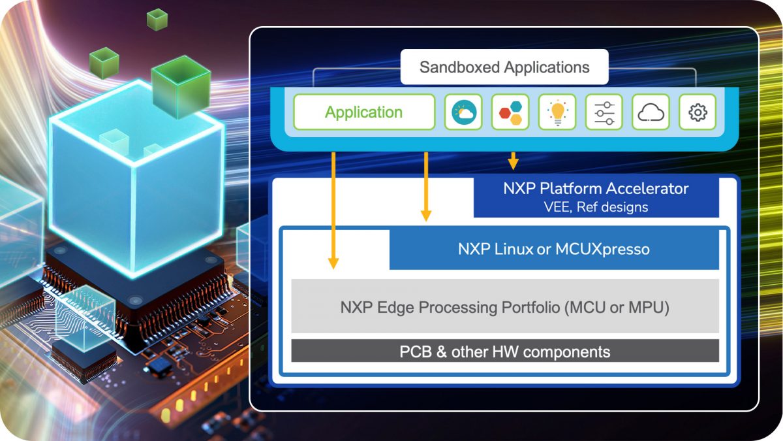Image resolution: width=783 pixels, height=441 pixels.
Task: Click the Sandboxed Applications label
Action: coord(504,67)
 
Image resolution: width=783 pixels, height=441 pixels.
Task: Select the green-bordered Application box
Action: coord(364,112)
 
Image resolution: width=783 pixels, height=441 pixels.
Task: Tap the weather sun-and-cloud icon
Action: coord(464,112)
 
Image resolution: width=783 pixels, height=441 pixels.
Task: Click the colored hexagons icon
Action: coord(510,112)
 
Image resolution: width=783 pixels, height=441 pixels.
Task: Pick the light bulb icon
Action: coord(557,112)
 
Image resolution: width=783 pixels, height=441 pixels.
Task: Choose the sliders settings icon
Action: coord(604,112)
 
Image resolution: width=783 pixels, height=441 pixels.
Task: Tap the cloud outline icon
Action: coord(651,112)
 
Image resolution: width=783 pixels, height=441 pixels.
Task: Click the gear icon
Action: coord(698,112)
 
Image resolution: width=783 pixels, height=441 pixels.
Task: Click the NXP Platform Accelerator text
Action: coord(596,189)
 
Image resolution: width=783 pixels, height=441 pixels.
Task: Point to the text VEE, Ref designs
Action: coord(596,207)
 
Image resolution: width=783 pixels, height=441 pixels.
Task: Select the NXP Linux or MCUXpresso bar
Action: coord(553,249)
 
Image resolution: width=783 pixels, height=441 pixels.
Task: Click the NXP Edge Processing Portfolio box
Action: coord(504,307)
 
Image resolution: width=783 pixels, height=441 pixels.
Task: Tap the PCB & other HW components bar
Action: coord(504,351)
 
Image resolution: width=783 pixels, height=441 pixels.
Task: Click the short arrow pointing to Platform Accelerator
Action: coord(514,160)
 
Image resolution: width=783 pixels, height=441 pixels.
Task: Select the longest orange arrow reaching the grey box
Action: coord(333,209)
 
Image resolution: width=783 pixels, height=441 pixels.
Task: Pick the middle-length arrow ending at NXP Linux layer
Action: coord(426,186)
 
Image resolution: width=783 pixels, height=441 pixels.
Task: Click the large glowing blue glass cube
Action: coord(134,176)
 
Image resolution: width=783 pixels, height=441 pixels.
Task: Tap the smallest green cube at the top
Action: coord(157,19)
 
